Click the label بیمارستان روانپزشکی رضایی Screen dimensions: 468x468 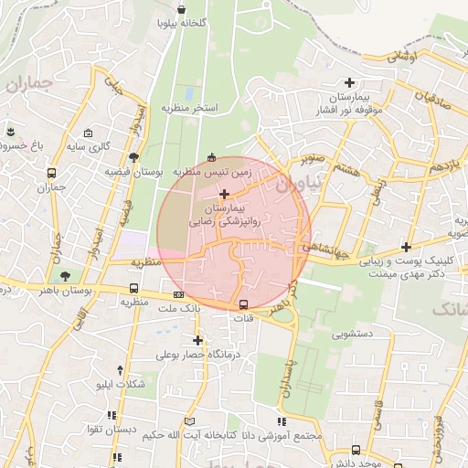[224, 215]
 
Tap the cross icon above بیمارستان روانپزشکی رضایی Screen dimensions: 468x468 [224, 194]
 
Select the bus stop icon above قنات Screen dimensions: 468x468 [244, 305]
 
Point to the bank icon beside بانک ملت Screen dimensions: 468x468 [178, 294]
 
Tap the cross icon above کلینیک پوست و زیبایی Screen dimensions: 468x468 [406, 247]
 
